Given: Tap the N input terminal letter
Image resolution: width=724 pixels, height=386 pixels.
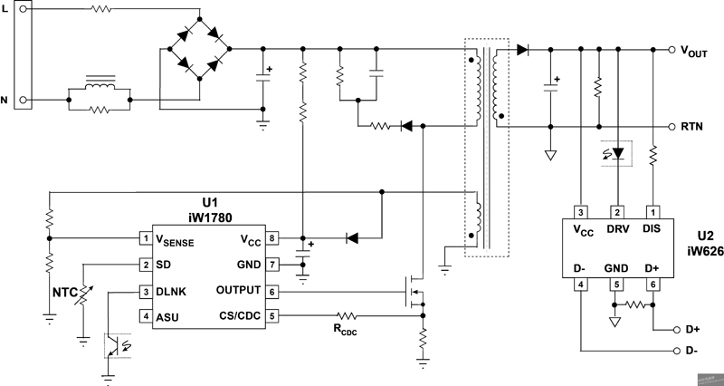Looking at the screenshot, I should coord(14,100).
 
